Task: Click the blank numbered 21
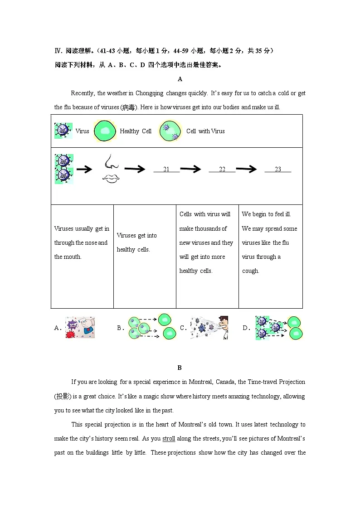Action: [166, 170]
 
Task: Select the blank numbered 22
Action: [222, 170]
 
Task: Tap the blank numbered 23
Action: [278, 170]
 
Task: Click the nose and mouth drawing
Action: [110, 169]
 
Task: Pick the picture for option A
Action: [80, 328]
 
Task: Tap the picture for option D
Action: [279, 328]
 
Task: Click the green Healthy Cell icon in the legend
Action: [105, 131]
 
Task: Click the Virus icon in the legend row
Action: [63, 131]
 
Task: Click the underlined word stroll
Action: [169, 439]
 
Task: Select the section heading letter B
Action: [180, 368]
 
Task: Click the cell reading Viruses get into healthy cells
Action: [137, 242]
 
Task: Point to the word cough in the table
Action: [250, 271]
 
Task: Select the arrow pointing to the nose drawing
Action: [84, 170]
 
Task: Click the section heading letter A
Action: [180, 79]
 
